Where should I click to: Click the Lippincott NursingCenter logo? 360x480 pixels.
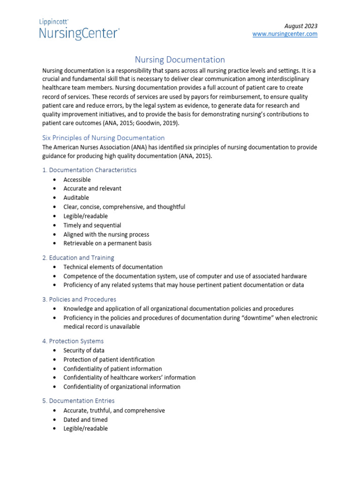click(x=79, y=30)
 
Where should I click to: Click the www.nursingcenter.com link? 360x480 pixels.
click(x=285, y=34)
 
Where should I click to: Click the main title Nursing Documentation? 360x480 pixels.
click(x=180, y=60)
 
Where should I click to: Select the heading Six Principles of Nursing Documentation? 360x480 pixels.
click(x=104, y=138)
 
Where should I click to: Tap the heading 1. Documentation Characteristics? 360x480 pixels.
click(x=90, y=170)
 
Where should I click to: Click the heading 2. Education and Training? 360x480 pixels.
click(x=78, y=258)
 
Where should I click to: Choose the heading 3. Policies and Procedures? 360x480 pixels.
click(x=79, y=299)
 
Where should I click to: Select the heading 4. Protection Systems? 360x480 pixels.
click(x=73, y=341)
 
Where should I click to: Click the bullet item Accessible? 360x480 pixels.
click(x=77, y=180)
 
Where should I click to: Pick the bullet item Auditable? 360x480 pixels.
click(x=76, y=198)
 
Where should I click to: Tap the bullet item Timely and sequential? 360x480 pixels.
click(x=92, y=225)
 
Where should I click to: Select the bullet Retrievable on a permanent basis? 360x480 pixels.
click(x=107, y=243)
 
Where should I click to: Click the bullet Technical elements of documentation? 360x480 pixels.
click(x=113, y=267)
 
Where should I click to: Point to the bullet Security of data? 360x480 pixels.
click(x=84, y=350)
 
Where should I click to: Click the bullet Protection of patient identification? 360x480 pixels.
click(x=109, y=360)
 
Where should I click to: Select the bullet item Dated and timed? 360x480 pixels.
click(x=85, y=420)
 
